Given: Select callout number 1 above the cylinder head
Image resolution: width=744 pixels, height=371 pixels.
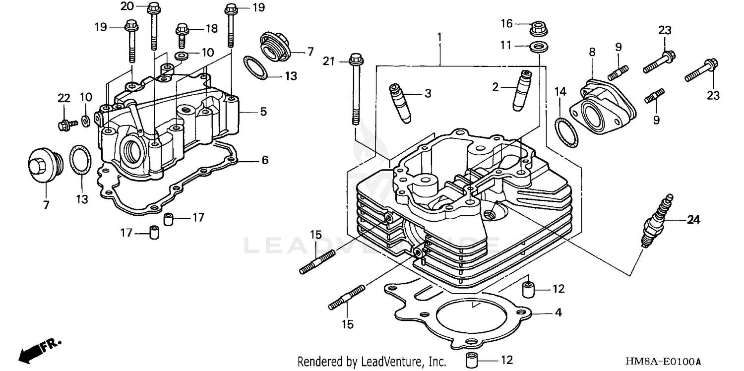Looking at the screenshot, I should click(x=439, y=37).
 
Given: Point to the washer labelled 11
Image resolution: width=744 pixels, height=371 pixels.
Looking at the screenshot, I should click(x=536, y=47).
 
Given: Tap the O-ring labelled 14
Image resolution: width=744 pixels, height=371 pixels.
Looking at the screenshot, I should click(x=565, y=133).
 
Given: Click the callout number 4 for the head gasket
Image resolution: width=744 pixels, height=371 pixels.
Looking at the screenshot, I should click(x=558, y=313).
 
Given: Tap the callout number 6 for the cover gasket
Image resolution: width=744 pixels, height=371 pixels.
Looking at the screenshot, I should click(x=265, y=160).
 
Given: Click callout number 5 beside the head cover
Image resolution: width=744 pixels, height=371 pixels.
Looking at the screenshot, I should click(x=263, y=112).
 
